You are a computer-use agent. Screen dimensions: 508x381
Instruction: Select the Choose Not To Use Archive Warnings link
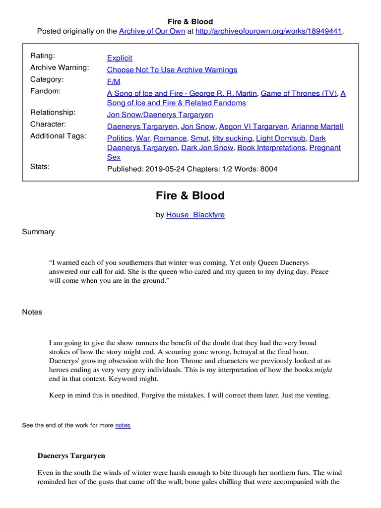point(172,70)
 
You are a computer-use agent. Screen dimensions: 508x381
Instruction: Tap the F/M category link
point(114,81)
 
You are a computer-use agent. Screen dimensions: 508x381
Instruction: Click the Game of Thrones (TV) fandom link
point(299,93)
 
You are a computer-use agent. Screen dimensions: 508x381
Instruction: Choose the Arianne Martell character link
point(317,127)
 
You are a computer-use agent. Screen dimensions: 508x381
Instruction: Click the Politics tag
point(120,138)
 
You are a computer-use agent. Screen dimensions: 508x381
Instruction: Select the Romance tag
point(170,138)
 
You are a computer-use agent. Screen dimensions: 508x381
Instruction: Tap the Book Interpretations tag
point(271,148)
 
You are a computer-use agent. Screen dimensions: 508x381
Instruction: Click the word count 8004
point(268,169)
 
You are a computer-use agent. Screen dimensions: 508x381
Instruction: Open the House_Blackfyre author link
point(195,215)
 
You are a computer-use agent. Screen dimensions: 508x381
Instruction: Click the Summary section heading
point(38,232)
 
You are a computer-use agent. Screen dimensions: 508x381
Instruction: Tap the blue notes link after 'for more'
point(123,426)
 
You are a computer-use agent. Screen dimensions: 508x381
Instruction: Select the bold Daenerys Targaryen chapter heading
point(71,455)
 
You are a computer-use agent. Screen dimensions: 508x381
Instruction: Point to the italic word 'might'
point(323,370)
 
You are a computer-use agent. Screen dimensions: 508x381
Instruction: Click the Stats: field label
point(40,167)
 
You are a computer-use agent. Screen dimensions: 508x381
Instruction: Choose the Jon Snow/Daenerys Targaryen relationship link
point(160,115)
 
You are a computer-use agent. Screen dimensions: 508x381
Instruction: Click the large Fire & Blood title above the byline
point(190,195)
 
